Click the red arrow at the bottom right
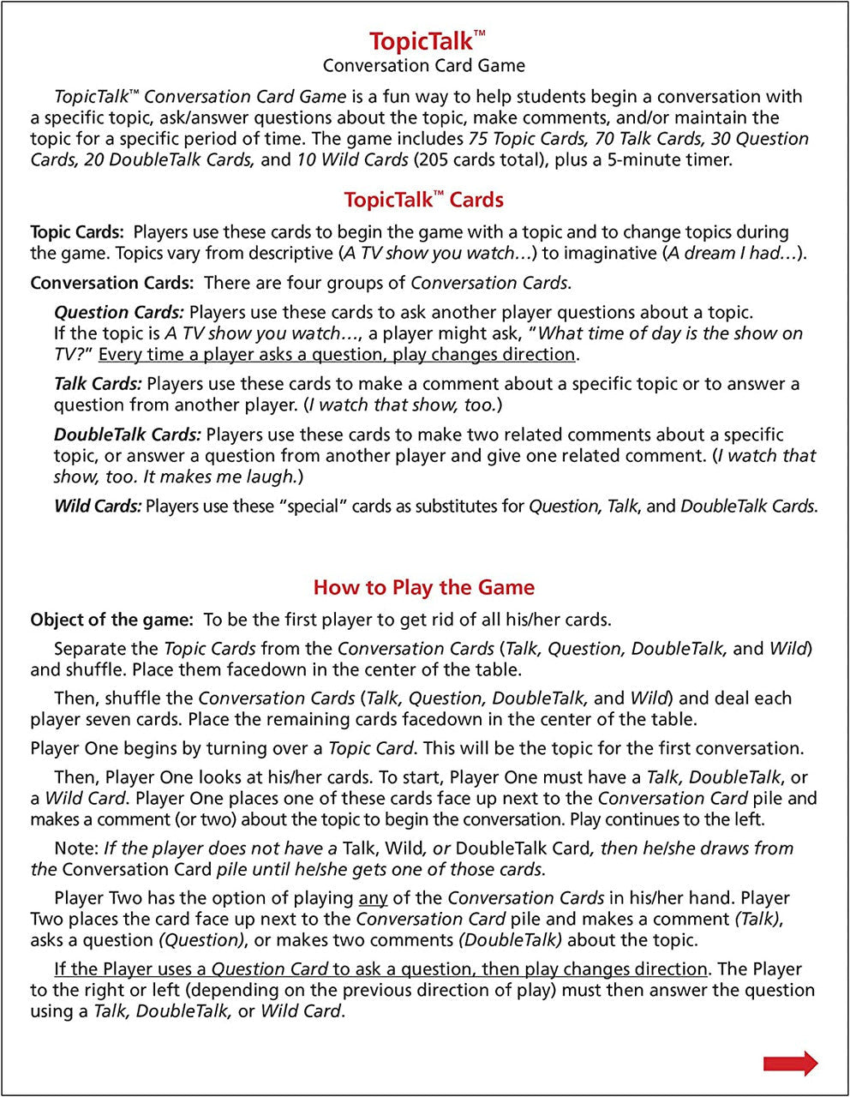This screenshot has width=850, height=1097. [790, 1064]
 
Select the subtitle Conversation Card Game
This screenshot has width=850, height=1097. [423, 66]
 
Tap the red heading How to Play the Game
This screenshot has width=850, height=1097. [423, 588]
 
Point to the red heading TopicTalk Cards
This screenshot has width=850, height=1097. [423, 201]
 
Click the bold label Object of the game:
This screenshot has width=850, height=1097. [111, 620]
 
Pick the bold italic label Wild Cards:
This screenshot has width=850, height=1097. [97, 507]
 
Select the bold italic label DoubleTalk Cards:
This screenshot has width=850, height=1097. [127, 435]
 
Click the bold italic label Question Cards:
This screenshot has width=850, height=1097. [118, 313]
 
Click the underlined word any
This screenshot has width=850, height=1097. [373, 899]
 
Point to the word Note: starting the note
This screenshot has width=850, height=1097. [76, 849]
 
